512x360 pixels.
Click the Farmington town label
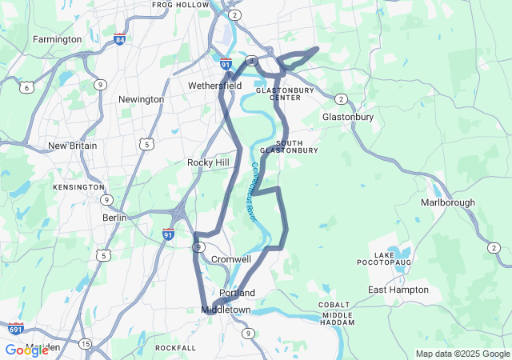(x=57, y=39)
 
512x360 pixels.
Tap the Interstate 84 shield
(x=119, y=39)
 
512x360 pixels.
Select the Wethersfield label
(x=214, y=86)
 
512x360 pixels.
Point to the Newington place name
(x=141, y=99)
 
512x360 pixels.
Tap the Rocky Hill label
(x=209, y=162)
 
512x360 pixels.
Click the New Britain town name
(x=72, y=146)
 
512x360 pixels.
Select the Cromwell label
(x=231, y=259)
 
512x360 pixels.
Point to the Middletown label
(x=226, y=310)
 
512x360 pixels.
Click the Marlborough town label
(x=448, y=202)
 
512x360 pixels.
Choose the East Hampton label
(x=398, y=290)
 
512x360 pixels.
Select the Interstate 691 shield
(x=16, y=329)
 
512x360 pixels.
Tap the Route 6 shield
(x=27, y=87)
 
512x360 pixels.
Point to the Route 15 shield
(x=84, y=343)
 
